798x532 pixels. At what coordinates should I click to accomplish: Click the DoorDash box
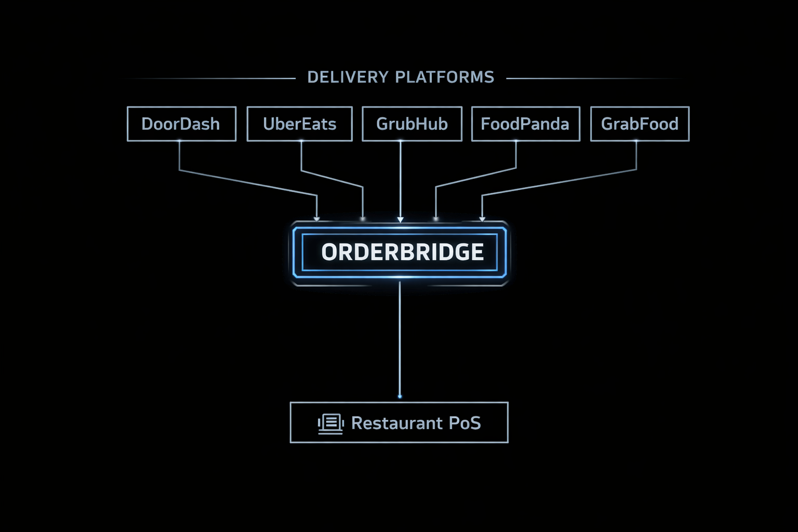(x=181, y=124)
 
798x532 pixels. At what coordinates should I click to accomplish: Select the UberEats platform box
(x=299, y=124)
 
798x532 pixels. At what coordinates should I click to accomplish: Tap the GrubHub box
(x=411, y=124)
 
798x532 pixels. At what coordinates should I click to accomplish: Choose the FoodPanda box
(x=525, y=124)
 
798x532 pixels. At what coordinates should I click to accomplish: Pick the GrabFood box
(x=640, y=124)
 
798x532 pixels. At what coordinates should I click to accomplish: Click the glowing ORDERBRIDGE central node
(x=400, y=252)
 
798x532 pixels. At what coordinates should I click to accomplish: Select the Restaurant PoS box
(x=399, y=422)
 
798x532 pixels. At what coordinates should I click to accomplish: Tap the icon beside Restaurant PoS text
(x=330, y=423)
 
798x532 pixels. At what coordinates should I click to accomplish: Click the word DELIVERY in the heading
(x=348, y=77)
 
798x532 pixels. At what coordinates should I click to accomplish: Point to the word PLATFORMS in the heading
(x=445, y=77)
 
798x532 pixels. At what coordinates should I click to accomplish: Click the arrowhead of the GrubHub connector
(x=400, y=219)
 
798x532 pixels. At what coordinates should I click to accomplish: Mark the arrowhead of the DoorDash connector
(x=317, y=219)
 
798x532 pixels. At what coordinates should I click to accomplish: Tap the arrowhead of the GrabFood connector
(x=482, y=219)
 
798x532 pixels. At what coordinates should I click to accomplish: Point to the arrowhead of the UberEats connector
(x=363, y=219)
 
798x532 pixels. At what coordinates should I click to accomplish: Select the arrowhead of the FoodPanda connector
(x=436, y=219)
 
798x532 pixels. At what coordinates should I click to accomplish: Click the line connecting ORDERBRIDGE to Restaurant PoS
(x=400, y=338)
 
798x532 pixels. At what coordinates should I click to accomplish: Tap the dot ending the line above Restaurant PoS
(x=400, y=396)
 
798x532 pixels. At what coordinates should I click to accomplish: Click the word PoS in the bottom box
(x=464, y=423)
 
